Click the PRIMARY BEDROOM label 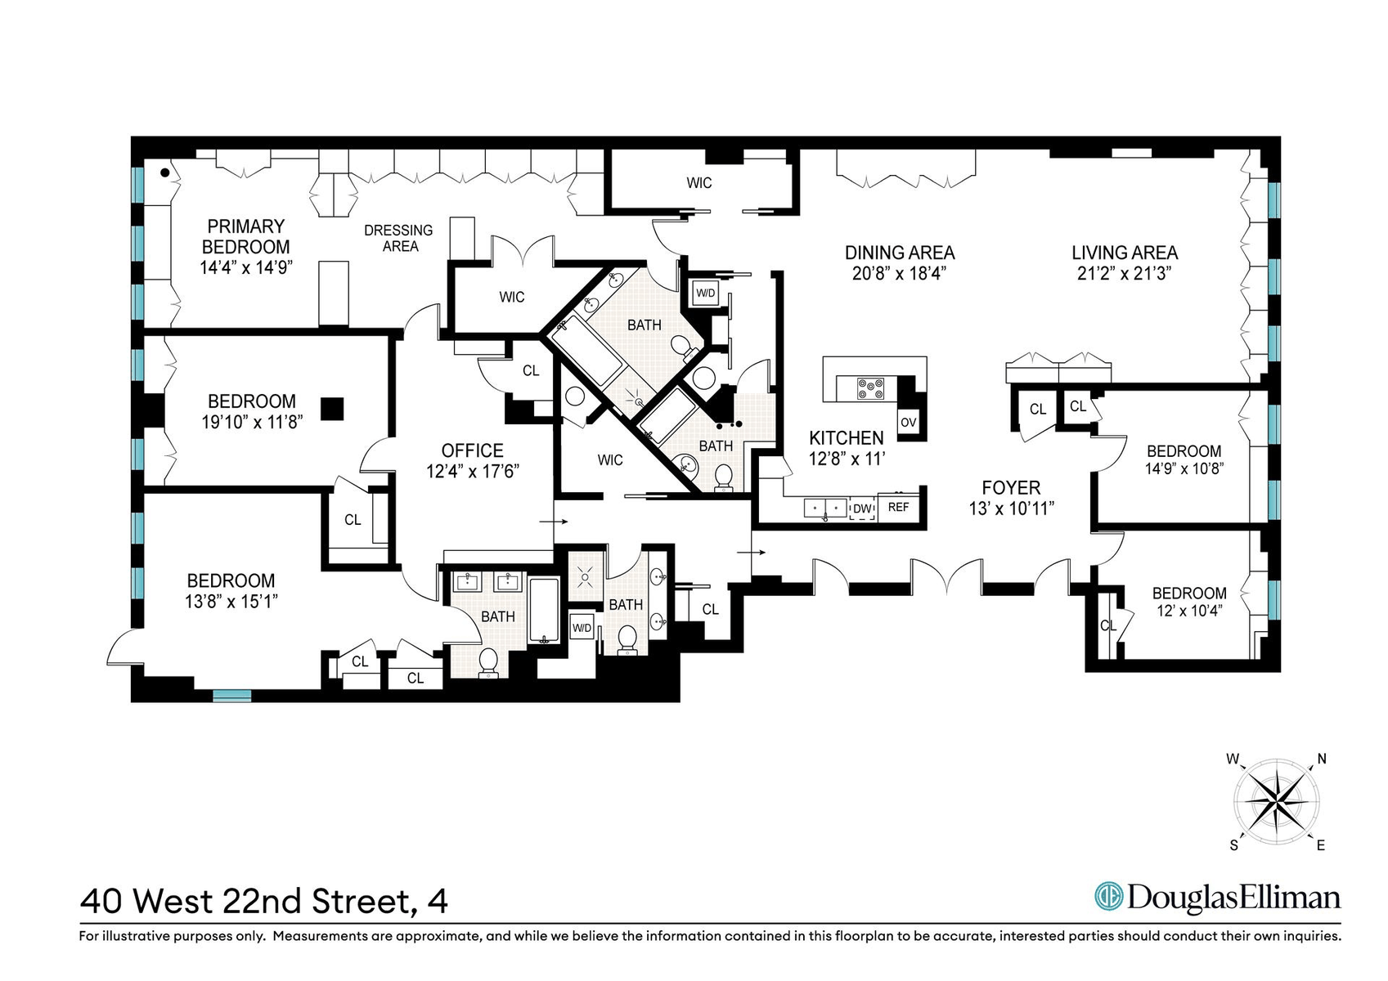pyautogui.click(x=246, y=236)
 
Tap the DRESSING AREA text pyautogui.click(x=398, y=239)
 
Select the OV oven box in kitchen pyautogui.click(x=909, y=423)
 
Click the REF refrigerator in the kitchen pyautogui.click(x=899, y=507)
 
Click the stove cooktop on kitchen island pyautogui.click(x=870, y=388)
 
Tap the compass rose pyautogui.click(x=1277, y=802)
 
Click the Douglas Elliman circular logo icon pyautogui.click(x=1108, y=897)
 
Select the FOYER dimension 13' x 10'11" pyautogui.click(x=1011, y=508)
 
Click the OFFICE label pyautogui.click(x=472, y=450)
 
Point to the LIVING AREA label pyautogui.click(x=1125, y=253)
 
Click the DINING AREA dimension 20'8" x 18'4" pyautogui.click(x=899, y=273)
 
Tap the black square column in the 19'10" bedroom pyautogui.click(x=332, y=409)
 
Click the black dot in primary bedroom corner pyautogui.click(x=165, y=173)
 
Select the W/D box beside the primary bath pyautogui.click(x=705, y=293)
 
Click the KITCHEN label pyautogui.click(x=847, y=438)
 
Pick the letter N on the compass pyautogui.click(x=1322, y=759)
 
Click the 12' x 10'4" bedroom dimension pyautogui.click(x=1189, y=611)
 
